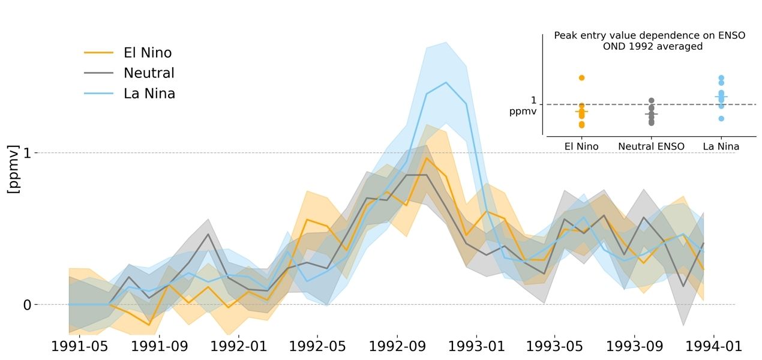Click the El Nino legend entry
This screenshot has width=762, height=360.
(x=147, y=53)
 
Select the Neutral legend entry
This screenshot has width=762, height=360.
(x=149, y=73)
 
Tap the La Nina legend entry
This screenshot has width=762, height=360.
(x=149, y=94)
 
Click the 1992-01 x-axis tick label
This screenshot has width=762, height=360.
(x=239, y=347)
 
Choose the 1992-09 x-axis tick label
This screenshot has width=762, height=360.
(x=397, y=347)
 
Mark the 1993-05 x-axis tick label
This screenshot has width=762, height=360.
(x=555, y=347)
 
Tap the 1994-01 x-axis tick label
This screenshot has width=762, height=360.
(x=713, y=347)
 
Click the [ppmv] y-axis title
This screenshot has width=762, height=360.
(x=13, y=169)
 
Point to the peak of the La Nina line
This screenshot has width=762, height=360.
(x=446, y=83)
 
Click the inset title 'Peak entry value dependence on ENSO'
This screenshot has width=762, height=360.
(x=649, y=35)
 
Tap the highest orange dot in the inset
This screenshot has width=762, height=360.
(x=581, y=78)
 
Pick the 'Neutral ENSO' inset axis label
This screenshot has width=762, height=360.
(x=651, y=146)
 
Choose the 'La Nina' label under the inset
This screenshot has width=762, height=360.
(x=721, y=146)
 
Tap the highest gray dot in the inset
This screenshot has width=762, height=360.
(x=652, y=101)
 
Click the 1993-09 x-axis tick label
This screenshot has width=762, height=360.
(x=634, y=347)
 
